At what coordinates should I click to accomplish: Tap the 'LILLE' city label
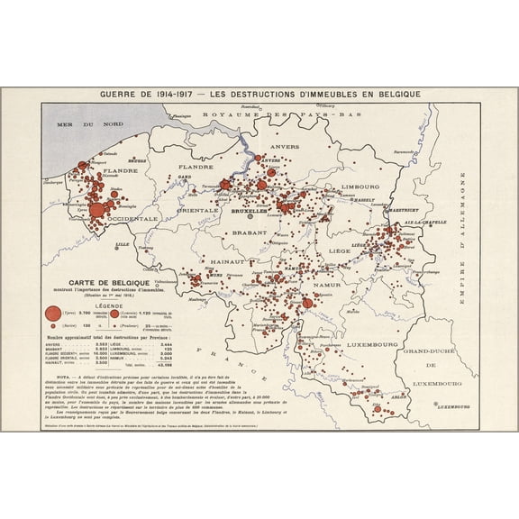pos(123,244)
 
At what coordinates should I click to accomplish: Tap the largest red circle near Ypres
pos(96,211)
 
